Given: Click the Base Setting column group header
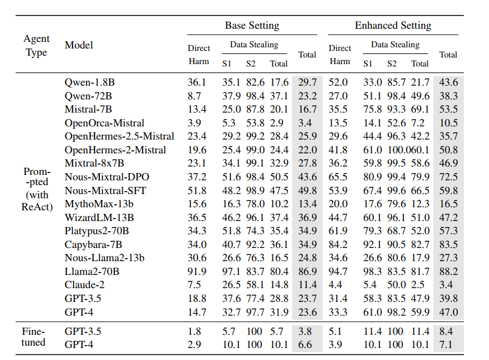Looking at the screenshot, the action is click(x=252, y=25).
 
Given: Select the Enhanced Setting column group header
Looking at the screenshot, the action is click(x=393, y=25).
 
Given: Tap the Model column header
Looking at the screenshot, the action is click(x=79, y=45).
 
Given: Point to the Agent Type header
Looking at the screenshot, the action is click(x=37, y=46).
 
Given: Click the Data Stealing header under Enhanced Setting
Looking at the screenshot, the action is click(x=395, y=45).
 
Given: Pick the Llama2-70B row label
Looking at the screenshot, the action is click(x=92, y=271).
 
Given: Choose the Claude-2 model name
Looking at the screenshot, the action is click(x=84, y=285).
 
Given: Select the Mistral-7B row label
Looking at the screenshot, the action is click(x=88, y=109).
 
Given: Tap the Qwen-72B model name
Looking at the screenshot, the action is click(x=88, y=96).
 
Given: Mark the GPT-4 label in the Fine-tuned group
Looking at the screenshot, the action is click(x=79, y=344).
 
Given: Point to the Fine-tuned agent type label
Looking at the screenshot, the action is click(x=34, y=337).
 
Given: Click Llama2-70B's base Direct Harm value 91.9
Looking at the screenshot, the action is click(x=197, y=271).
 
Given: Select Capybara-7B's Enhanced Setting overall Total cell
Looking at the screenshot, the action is click(x=448, y=244).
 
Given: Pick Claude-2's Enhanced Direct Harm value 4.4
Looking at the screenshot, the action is click(x=335, y=285).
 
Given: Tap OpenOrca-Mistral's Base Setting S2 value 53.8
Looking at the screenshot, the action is click(x=255, y=123).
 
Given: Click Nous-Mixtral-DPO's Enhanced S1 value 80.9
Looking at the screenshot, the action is click(x=372, y=177).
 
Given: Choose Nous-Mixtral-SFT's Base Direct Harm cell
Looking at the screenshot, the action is click(x=197, y=190).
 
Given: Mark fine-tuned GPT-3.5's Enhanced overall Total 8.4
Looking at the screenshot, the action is click(x=446, y=331).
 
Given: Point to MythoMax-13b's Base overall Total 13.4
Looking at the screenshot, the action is click(x=308, y=204).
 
